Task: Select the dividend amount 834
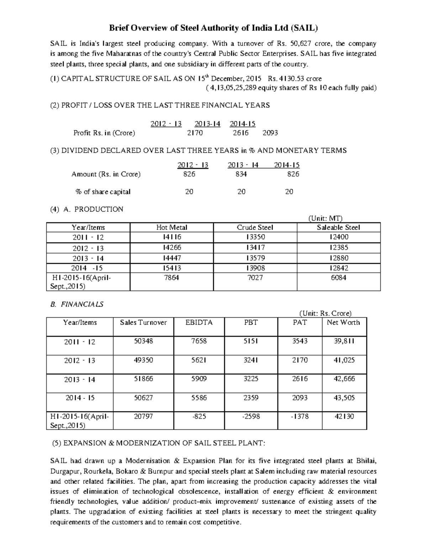tap(241, 174)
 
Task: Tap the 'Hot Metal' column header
tap(172, 228)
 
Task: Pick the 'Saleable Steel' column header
tap(338, 228)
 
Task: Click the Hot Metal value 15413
tap(172, 268)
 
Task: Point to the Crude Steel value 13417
tap(255, 248)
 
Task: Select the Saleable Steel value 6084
tap(338, 278)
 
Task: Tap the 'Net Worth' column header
tap(343, 323)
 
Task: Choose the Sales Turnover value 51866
tap(143, 379)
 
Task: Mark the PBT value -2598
tap(251, 416)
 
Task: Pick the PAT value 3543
tap(300, 341)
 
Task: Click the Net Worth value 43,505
tap(344, 398)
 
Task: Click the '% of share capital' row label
tap(103, 192)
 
